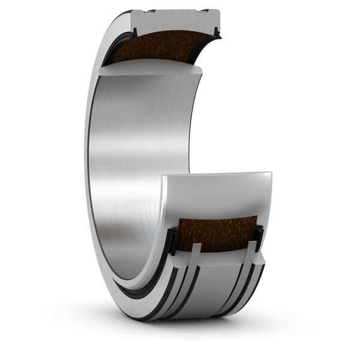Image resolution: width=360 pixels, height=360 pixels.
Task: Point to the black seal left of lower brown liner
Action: click(x=172, y=240)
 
